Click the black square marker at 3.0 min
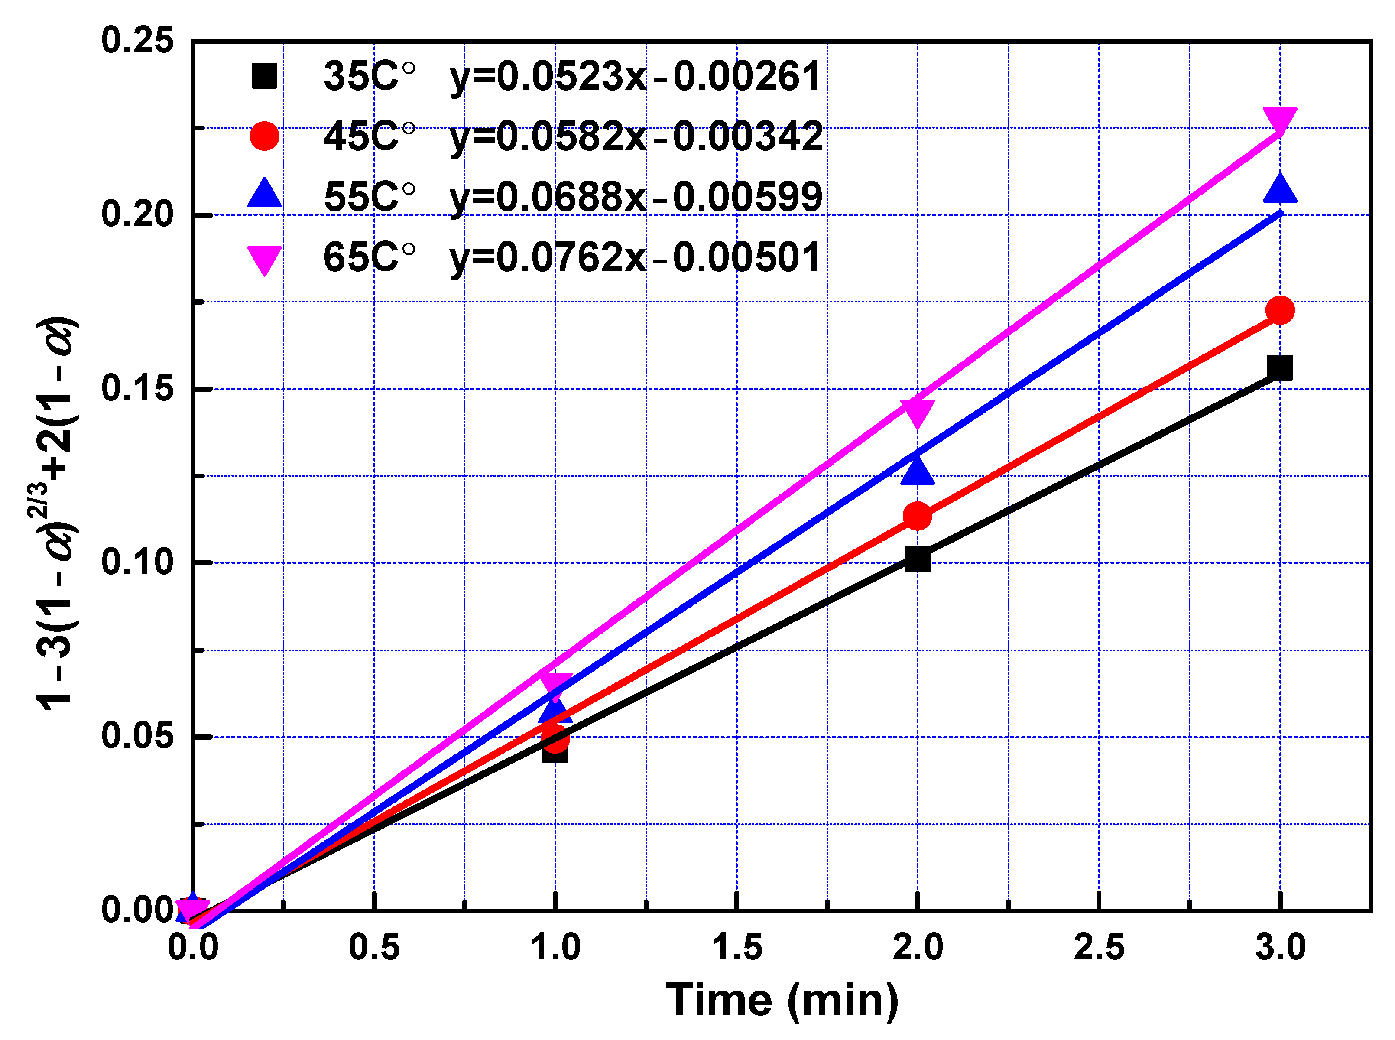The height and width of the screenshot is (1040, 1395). coord(1279,367)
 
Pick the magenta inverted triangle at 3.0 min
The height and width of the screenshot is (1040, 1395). coord(1279,120)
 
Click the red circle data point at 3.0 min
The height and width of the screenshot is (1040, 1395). coord(1279,310)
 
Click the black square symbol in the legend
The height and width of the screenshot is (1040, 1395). coord(264,76)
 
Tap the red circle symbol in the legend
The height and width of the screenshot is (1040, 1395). coord(264,136)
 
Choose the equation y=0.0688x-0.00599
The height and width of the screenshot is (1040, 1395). coord(636,196)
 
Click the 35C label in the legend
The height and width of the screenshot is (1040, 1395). coord(369,76)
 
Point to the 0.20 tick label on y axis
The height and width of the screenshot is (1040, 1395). coord(137,214)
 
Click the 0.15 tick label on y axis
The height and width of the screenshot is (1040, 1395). coord(137,388)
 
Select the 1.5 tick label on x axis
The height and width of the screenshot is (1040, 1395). coord(736,947)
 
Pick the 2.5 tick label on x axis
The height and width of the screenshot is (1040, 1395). coord(1099,947)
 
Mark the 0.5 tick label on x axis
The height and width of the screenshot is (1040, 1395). coord(374,947)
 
